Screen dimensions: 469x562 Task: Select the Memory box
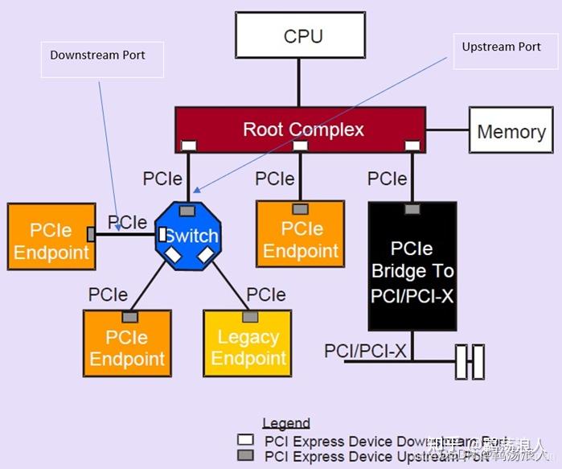(x=511, y=132)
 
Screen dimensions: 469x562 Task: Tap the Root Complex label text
(x=303, y=129)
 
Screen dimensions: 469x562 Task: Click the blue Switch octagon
(x=187, y=236)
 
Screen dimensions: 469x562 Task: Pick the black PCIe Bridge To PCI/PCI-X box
(x=412, y=269)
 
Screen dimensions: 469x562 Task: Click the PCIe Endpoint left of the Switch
(x=51, y=241)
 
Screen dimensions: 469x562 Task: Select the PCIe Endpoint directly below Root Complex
(x=300, y=238)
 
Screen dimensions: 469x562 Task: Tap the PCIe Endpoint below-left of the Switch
(x=126, y=347)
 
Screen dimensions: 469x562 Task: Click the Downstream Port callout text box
(x=101, y=56)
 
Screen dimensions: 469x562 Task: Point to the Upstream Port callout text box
(x=501, y=47)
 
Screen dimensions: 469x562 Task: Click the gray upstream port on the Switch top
(x=187, y=211)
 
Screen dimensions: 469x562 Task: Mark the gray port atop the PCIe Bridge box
(x=412, y=209)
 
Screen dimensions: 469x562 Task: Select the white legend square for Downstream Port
(x=247, y=440)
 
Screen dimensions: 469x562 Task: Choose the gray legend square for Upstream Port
(x=247, y=456)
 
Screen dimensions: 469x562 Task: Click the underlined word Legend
(x=285, y=423)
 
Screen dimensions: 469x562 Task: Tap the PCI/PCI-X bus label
(x=365, y=351)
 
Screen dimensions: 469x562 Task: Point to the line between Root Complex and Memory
(x=447, y=130)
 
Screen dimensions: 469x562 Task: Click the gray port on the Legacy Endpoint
(x=250, y=317)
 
